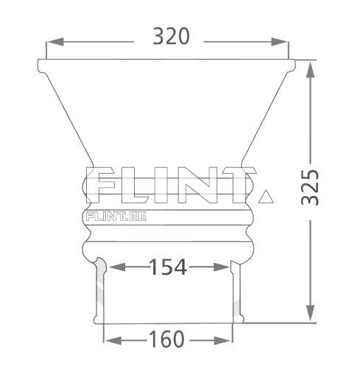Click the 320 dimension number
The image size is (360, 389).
click(171, 36)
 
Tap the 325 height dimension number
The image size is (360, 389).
click(310, 188)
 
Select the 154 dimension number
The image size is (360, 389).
click(168, 267)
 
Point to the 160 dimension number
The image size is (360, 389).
click(166, 339)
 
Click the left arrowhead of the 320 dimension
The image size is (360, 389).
click(55, 42)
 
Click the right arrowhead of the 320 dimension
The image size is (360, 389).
click(280, 42)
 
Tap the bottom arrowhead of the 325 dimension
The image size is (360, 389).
click(310, 314)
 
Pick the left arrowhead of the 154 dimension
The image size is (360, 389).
click(117, 267)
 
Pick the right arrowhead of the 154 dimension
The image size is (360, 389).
click(222, 267)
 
